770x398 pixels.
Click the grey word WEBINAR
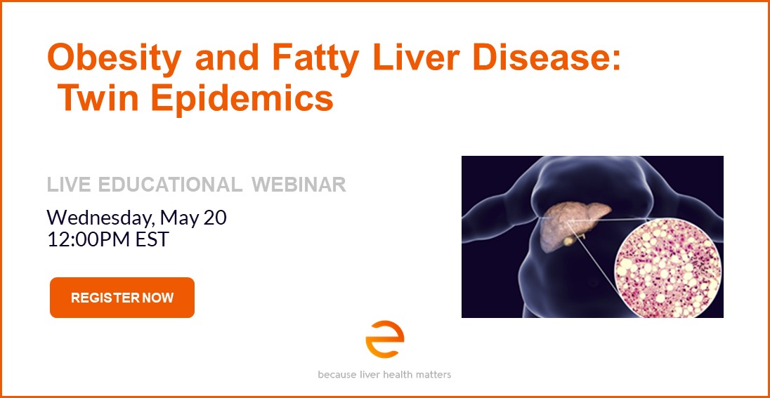click(x=299, y=185)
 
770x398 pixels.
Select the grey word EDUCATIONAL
click(x=170, y=185)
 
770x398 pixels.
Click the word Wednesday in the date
click(x=100, y=218)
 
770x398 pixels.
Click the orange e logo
click(x=384, y=340)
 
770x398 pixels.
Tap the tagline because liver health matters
click(x=384, y=374)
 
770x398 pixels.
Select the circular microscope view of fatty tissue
click(x=668, y=268)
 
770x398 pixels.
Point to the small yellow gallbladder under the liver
click(x=570, y=240)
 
